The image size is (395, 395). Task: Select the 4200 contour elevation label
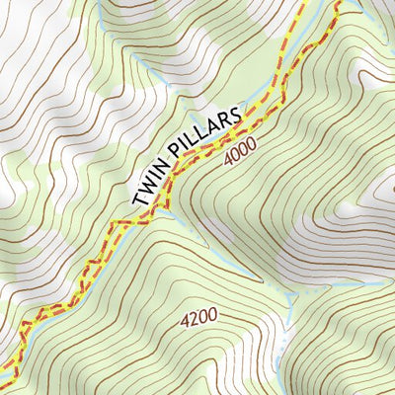[197, 319]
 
